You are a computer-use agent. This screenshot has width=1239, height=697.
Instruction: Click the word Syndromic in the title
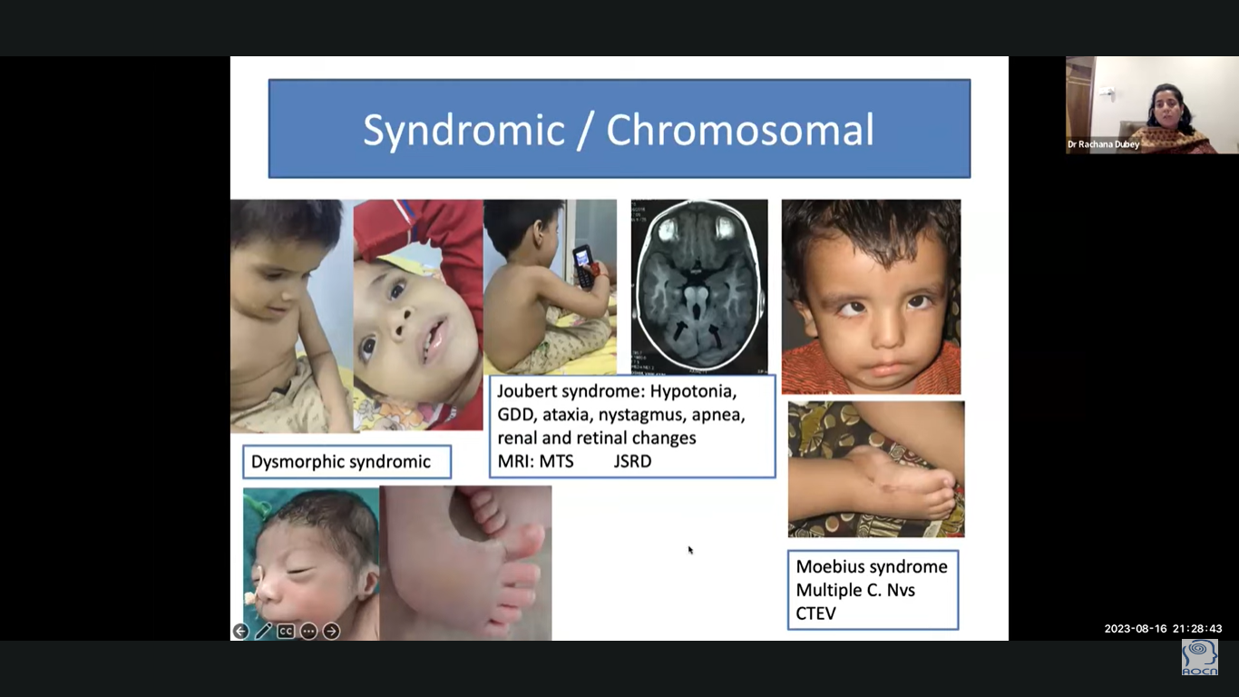(x=463, y=132)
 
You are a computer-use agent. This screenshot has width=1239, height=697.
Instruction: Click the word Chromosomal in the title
(x=740, y=130)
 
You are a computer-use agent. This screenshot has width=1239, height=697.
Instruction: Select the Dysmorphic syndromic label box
(x=346, y=462)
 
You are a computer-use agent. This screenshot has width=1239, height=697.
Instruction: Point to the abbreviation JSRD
(x=632, y=461)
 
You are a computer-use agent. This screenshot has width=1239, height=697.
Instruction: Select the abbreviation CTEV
(x=815, y=614)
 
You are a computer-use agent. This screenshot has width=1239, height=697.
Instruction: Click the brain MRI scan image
(x=699, y=286)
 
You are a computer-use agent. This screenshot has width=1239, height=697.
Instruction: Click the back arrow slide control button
(x=240, y=631)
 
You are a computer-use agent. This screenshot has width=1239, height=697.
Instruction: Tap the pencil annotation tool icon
(x=263, y=631)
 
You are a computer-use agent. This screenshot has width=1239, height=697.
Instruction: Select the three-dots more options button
(x=308, y=631)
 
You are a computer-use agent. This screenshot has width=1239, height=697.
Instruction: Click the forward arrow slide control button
(x=331, y=631)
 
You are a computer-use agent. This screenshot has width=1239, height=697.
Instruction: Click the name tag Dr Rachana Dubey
(x=1103, y=144)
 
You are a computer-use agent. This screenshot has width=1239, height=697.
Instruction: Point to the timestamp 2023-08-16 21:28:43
(x=1163, y=629)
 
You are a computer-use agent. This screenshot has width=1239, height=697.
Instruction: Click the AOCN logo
(x=1200, y=658)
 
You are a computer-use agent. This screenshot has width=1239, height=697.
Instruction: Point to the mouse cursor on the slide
(x=690, y=550)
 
